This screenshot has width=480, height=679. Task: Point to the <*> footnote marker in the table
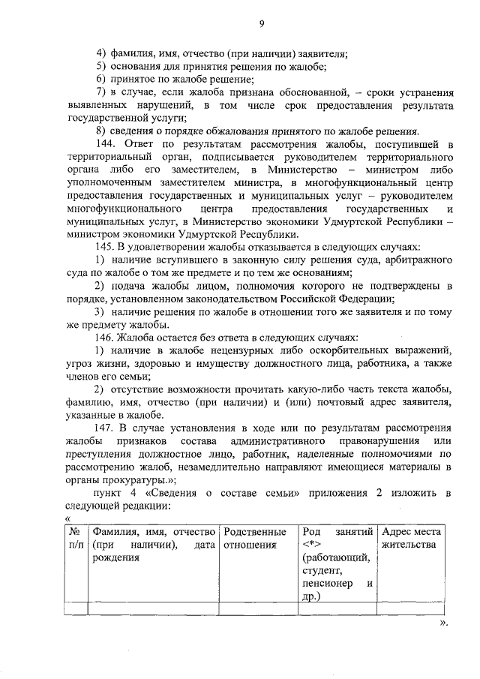311,545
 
